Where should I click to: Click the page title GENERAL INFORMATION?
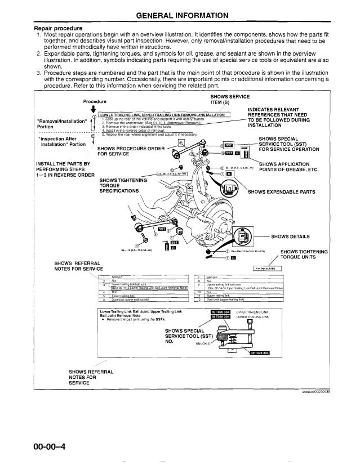click(180, 15)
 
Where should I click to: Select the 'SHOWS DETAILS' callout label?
click(292, 236)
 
